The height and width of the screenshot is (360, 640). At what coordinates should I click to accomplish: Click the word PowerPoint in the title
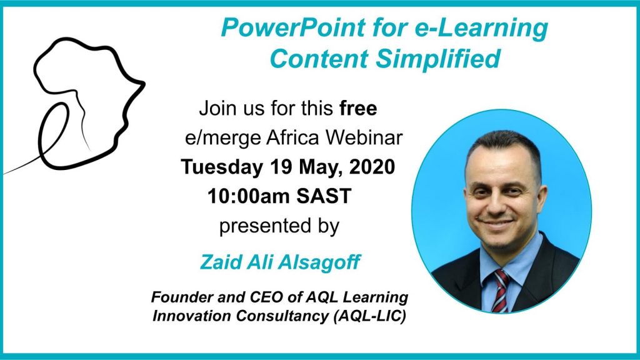293,27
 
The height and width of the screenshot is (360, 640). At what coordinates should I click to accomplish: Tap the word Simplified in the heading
437,59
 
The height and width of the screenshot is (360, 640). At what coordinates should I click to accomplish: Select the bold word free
358,109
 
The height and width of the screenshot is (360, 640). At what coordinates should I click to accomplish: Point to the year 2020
372,167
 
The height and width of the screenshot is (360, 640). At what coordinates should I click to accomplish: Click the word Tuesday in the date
222,167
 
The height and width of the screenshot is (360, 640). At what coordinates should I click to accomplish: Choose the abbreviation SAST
324,196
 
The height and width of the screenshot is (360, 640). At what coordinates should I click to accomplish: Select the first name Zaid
220,262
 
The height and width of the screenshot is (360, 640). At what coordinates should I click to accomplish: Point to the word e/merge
223,138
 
